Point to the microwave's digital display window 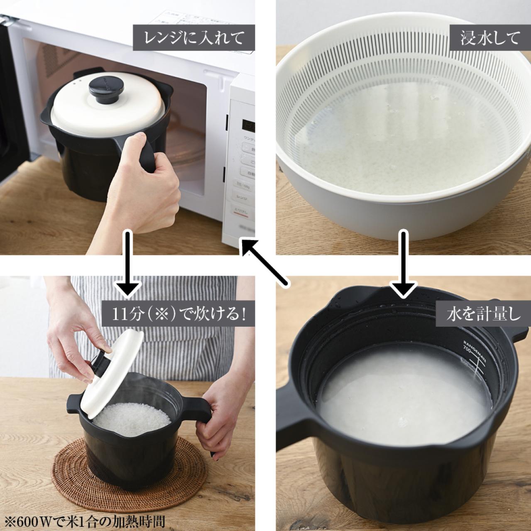(x=247, y=124)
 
